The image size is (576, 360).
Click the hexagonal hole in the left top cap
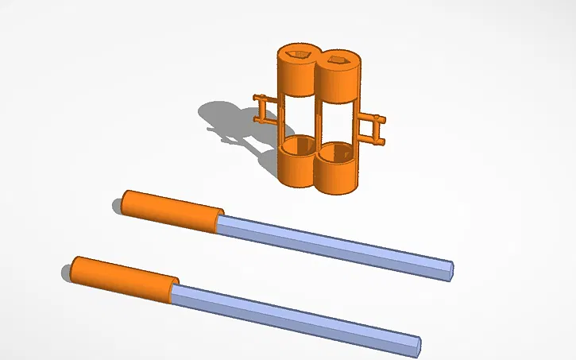click(x=300, y=55)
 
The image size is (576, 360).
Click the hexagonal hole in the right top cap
click(x=338, y=60)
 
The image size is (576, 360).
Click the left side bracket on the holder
click(x=265, y=109)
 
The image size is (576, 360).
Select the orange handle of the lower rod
click(x=123, y=279)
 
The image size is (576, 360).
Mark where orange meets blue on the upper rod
click(x=218, y=223)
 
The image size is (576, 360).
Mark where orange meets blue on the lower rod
click(x=172, y=292)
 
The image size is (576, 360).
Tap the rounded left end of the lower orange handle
click(x=74, y=268)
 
